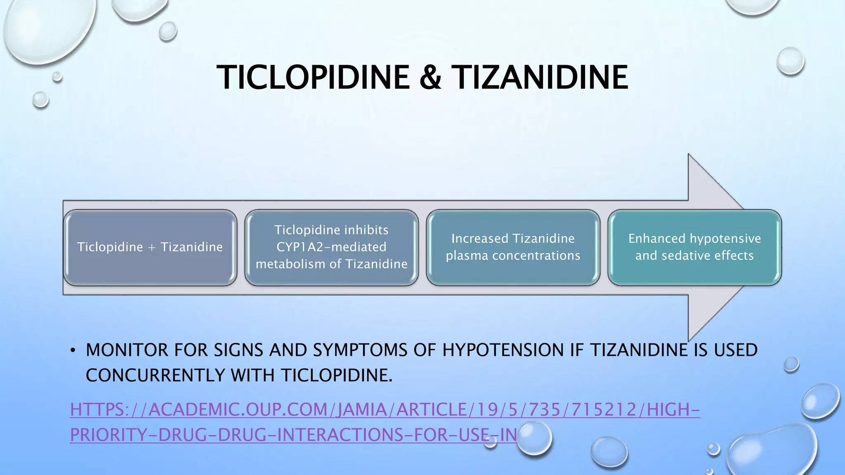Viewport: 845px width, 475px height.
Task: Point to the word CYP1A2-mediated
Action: pos(331,247)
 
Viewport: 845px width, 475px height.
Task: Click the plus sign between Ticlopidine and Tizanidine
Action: pos(152,247)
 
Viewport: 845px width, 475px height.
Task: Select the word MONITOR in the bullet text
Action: pos(127,350)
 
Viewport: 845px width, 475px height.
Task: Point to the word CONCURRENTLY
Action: pos(155,376)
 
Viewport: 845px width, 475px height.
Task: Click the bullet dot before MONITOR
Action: pos(73,350)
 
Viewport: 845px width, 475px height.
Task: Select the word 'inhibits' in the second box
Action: pos(366,230)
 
